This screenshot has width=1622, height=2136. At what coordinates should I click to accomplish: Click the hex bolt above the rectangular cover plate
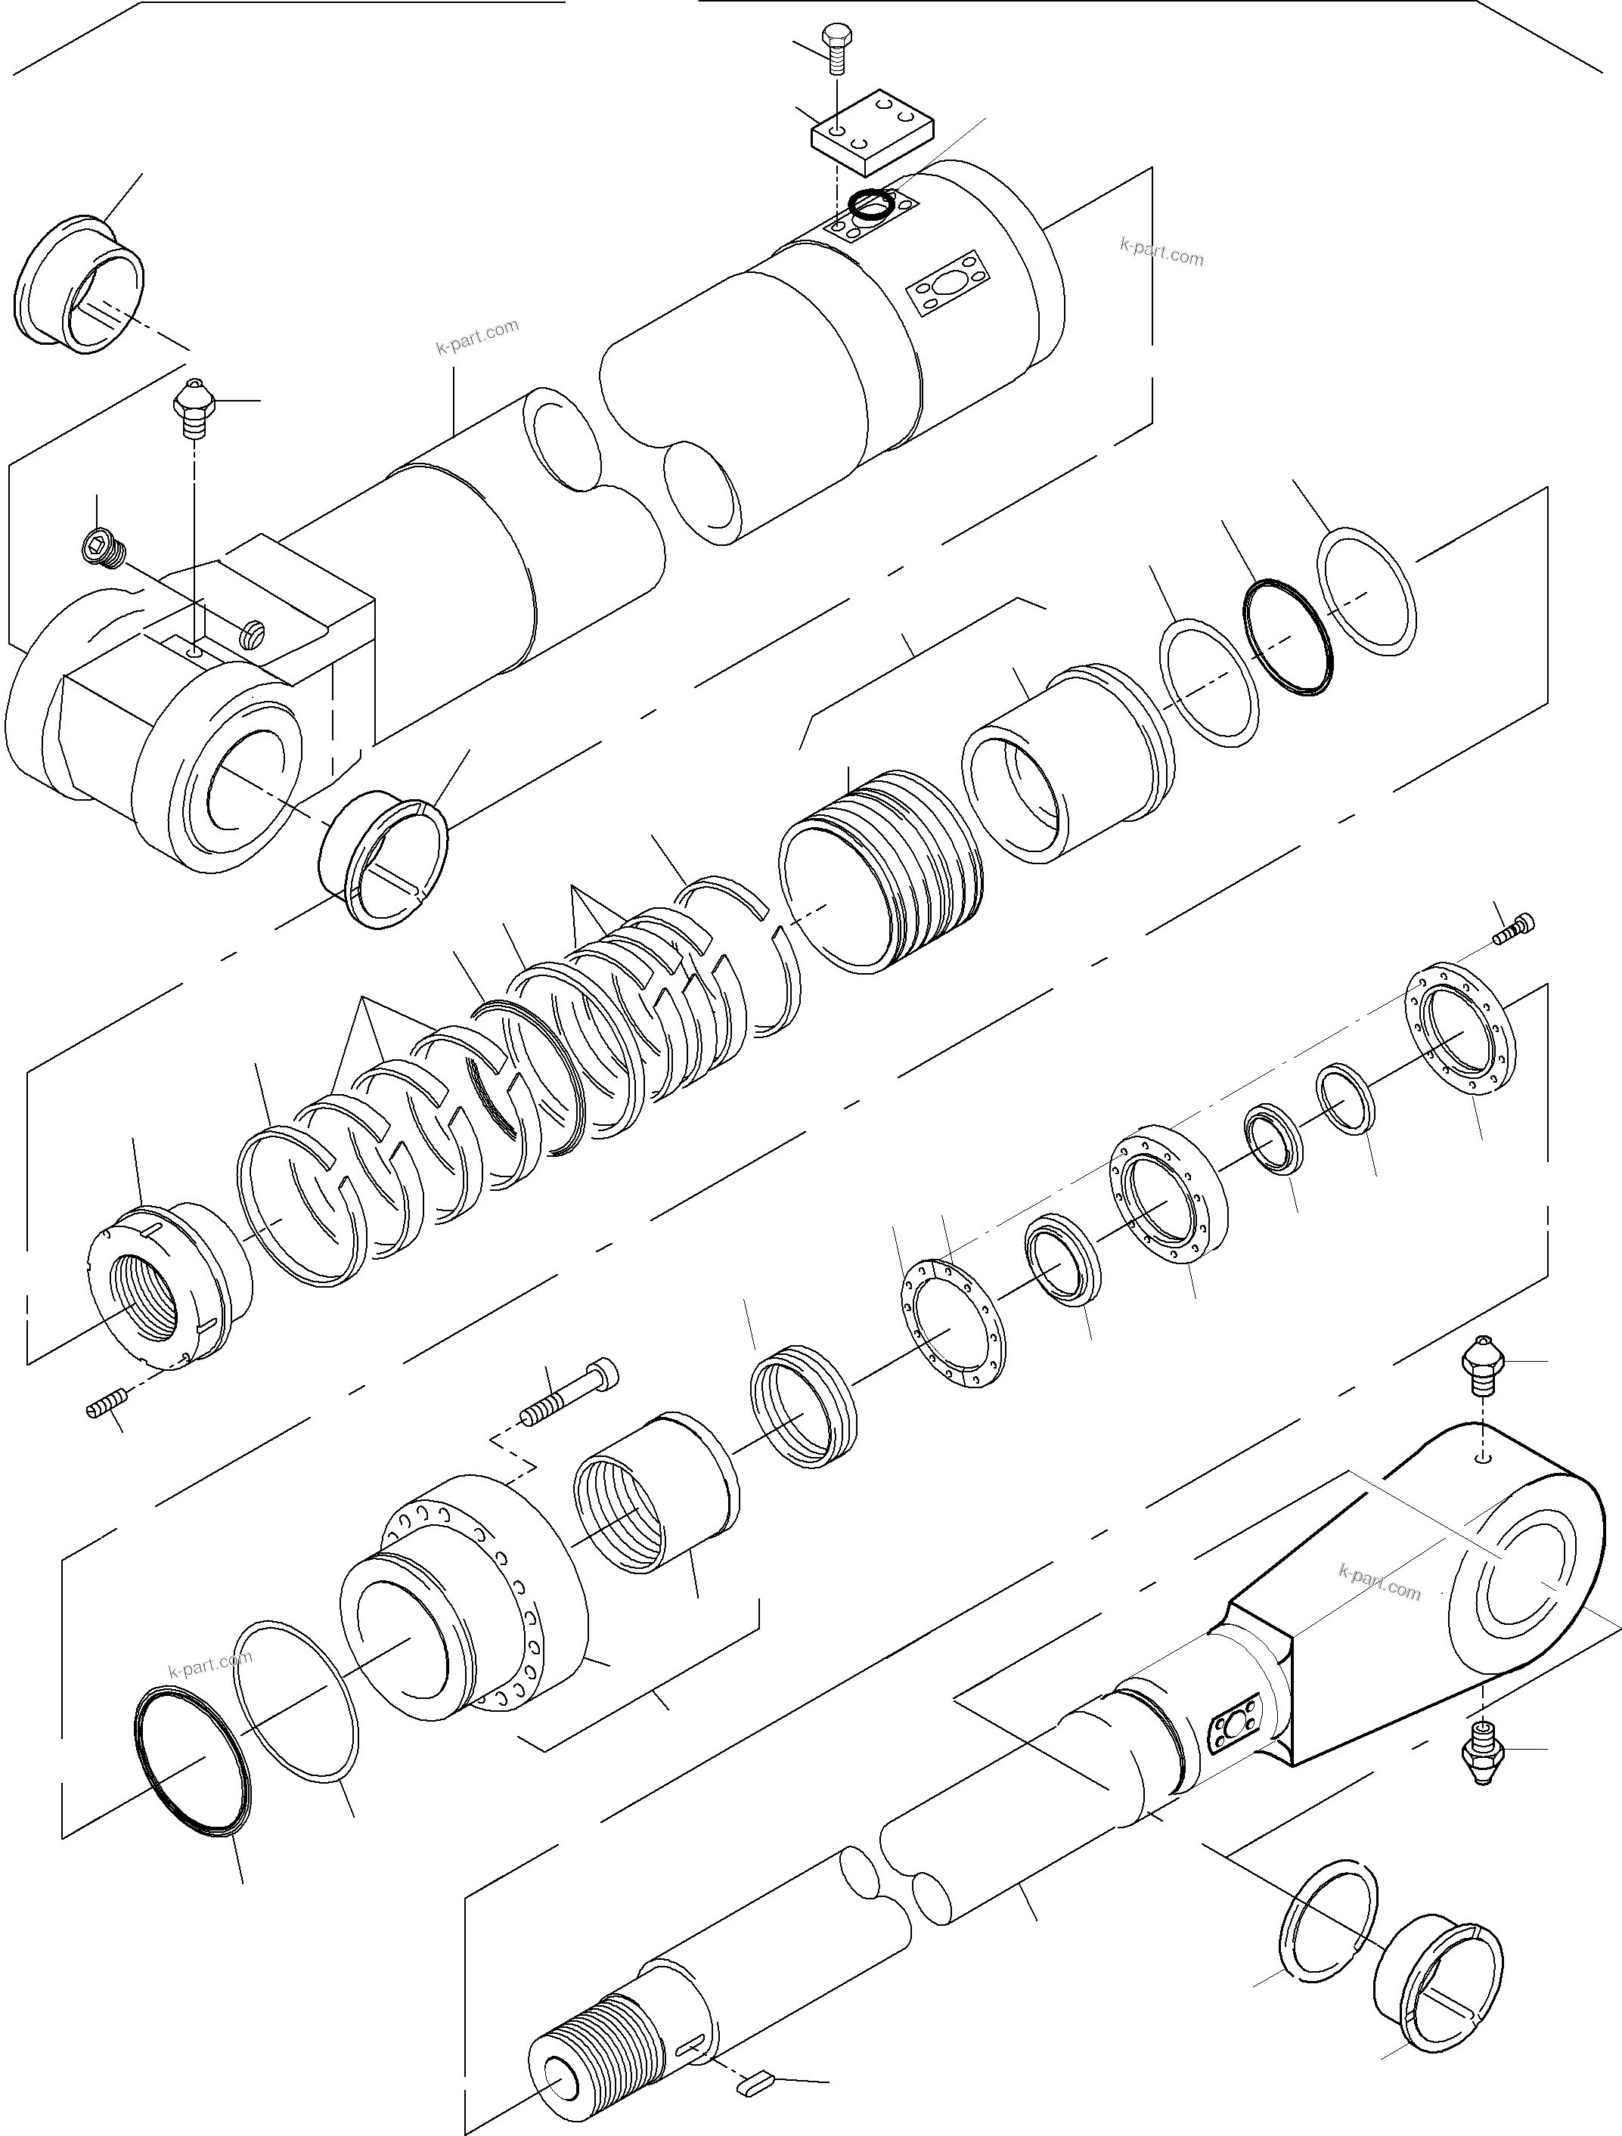(x=834, y=48)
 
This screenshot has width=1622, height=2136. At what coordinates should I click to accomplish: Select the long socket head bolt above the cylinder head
(x=569, y=1394)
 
